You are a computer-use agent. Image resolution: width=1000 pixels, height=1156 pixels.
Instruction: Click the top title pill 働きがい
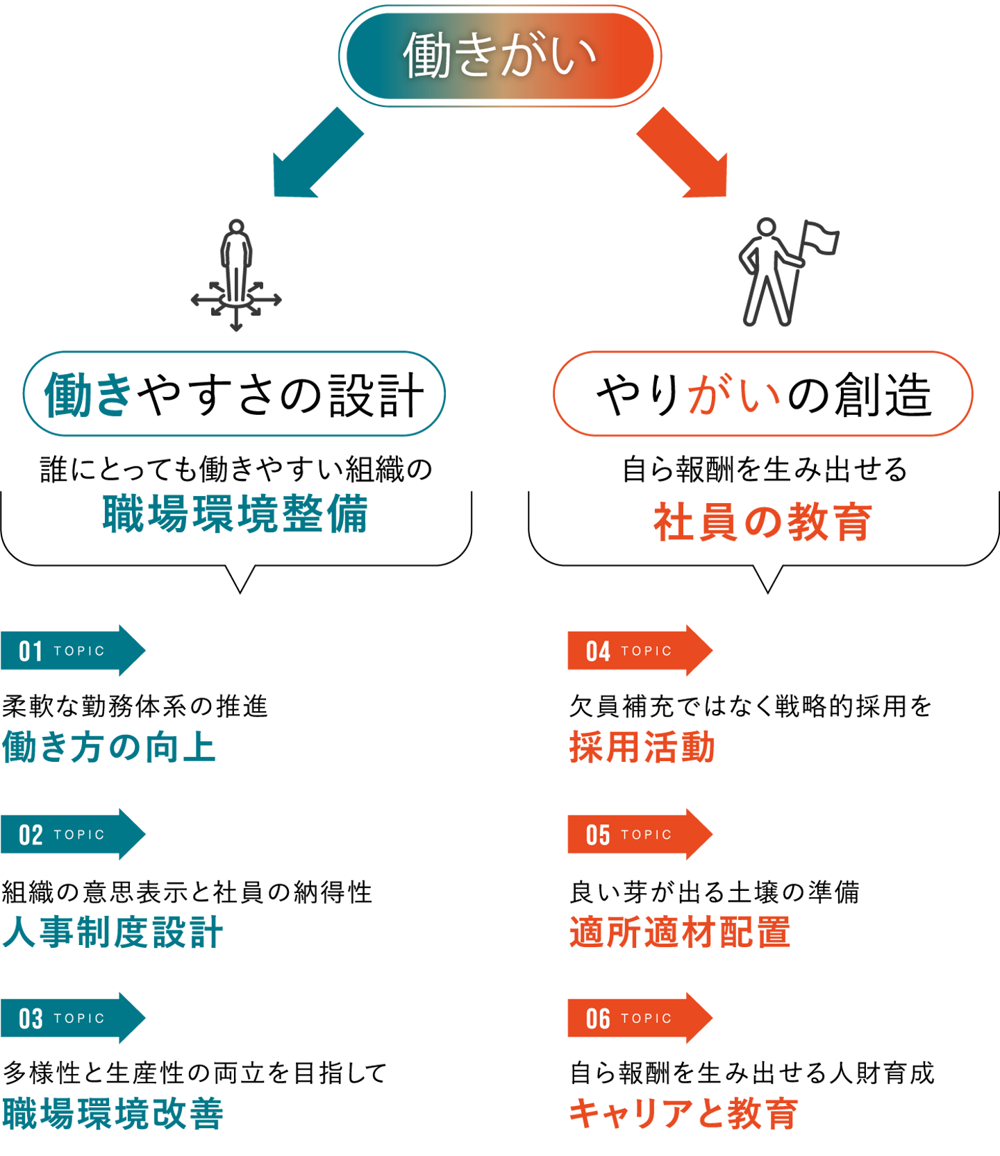(x=500, y=56)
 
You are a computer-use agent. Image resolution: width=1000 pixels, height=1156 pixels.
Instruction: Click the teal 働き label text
(x=87, y=394)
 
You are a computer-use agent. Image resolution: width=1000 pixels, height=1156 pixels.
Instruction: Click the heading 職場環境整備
(x=235, y=514)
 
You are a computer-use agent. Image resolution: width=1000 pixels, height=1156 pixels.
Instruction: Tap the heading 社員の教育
(x=762, y=522)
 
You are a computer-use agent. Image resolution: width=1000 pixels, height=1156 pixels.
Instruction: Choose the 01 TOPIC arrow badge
(x=73, y=651)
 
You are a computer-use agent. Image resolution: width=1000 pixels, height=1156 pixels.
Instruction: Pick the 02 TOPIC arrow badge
(x=73, y=834)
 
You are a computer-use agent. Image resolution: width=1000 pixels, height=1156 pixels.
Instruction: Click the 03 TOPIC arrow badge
(x=73, y=1018)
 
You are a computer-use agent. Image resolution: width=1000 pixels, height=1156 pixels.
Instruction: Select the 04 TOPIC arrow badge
(x=640, y=651)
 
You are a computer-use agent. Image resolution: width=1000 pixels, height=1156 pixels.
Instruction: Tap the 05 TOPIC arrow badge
(x=640, y=834)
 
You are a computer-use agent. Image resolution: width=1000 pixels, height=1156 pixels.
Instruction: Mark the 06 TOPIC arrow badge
(x=640, y=1018)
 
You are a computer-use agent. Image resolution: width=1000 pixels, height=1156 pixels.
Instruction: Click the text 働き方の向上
(x=110, y=747)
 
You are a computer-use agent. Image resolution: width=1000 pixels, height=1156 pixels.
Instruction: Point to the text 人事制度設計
(x=113, y=932)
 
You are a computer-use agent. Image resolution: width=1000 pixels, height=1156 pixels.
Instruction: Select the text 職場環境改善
(x=113, y=1113)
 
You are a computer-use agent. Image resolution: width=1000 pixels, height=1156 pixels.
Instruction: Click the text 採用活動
(x=642, y=747)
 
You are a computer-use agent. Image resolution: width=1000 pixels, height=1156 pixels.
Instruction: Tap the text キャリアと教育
(x=683, y=1113)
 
